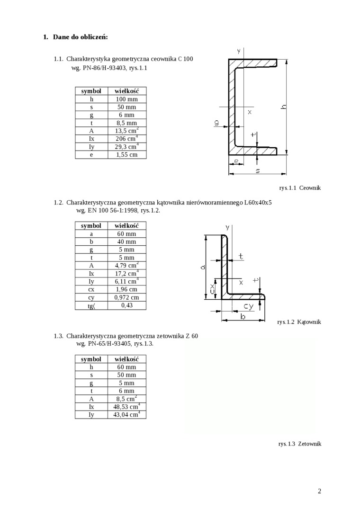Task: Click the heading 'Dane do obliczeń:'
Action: tap(80, 36)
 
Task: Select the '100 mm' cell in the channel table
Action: tap(126, 99)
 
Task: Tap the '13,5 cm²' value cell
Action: tap(126, 131)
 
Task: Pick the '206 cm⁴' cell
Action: tap(126, 139)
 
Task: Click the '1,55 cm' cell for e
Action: tap(126, 154)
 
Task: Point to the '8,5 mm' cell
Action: tap(126, 123)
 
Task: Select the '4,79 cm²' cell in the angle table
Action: tap(126, 265)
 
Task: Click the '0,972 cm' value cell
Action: tap(126, 297)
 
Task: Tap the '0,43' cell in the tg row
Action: tap(126, 305)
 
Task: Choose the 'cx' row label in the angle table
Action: tap(91, 289)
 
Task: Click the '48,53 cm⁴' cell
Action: tap(126, 406)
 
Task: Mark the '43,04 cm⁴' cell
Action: tap(126, 414)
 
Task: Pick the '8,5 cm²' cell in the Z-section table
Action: tap(126, 399)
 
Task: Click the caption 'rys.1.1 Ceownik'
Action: tap(300, 188)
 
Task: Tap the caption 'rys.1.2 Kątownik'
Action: tap(299, 322)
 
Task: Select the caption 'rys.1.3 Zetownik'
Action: tap(299, 444)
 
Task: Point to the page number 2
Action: tap(319, 491)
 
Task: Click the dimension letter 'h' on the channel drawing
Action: tap(283, 107)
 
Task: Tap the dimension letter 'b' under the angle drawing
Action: tap(243, 317)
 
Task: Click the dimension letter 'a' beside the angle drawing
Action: tap(203, 267)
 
